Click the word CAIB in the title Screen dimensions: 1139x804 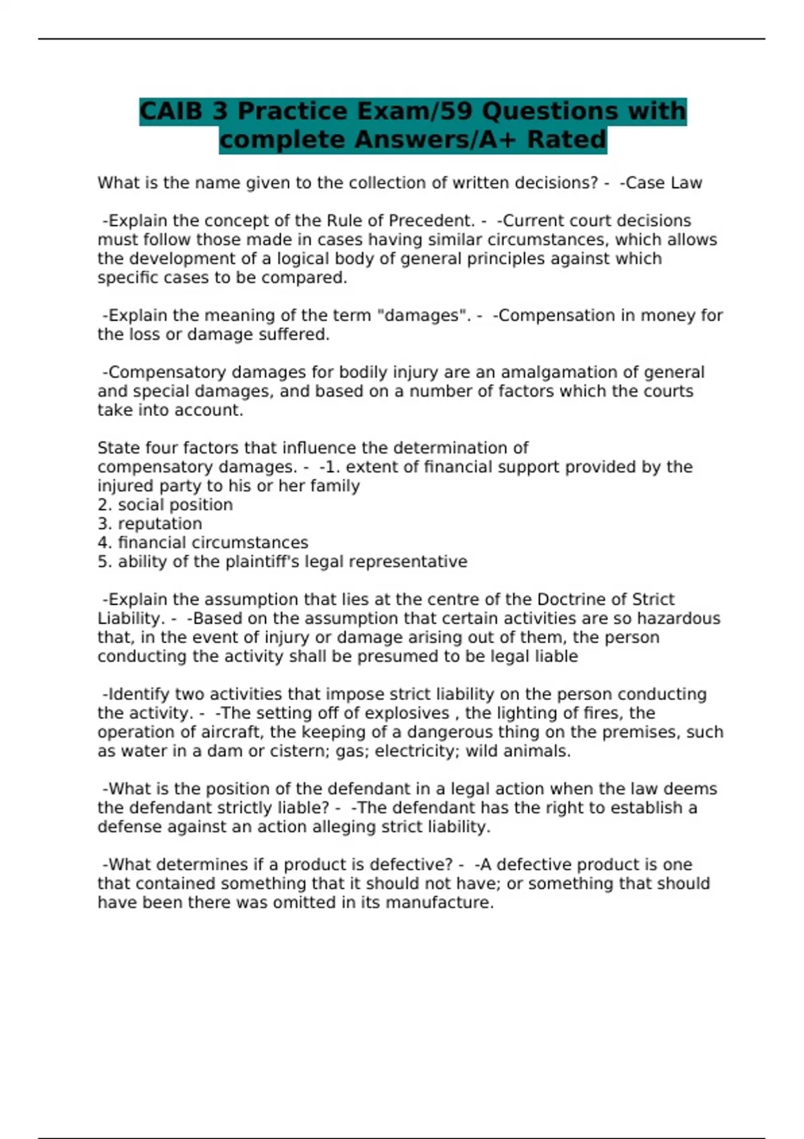171,111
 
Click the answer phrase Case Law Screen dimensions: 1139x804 663,183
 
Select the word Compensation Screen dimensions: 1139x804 555,316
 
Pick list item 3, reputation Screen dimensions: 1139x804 159,524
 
